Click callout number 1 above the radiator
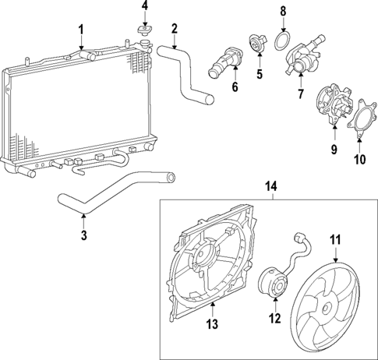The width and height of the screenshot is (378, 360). point(80,30)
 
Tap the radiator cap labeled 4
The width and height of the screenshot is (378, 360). point(144,32)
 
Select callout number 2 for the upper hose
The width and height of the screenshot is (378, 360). point(175,30)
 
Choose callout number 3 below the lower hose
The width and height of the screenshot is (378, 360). point(83,234)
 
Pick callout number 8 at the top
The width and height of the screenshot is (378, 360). point(284,11)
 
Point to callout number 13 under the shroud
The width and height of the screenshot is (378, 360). point(212,325)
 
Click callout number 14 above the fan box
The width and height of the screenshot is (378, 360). point(271,187)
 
